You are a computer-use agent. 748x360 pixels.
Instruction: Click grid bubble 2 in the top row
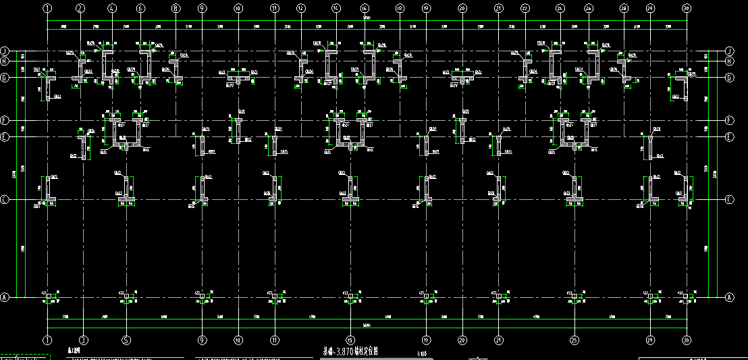(80, 9)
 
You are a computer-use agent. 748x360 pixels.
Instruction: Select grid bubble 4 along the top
(112, 9)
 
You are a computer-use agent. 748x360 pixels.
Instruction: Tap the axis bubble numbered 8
(176, 9)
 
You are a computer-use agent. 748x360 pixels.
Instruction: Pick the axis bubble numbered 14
(336, 9)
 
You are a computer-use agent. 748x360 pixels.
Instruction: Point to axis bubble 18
(400, 9)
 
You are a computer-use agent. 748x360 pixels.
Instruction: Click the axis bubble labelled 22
(525, 9)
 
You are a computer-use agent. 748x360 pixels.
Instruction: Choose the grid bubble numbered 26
(589, 9)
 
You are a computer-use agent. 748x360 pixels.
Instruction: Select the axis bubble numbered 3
(83, 340)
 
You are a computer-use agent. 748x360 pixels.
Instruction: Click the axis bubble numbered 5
(126, 340)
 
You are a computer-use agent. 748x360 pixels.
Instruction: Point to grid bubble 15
(350, 340)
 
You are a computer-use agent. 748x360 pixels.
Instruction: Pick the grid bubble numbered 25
(574, 340)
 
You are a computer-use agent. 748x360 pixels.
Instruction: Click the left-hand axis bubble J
(4, 51)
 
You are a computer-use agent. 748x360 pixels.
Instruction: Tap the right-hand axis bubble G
(729, 78)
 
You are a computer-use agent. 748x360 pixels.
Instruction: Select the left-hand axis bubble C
(4, 201)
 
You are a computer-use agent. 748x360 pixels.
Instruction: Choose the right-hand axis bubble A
(729, 297)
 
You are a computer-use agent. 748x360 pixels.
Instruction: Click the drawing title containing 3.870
(350, 351)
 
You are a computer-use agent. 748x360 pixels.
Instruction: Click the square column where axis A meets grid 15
(350, 297)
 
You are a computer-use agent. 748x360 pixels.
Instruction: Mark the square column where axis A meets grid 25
(574, 297)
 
